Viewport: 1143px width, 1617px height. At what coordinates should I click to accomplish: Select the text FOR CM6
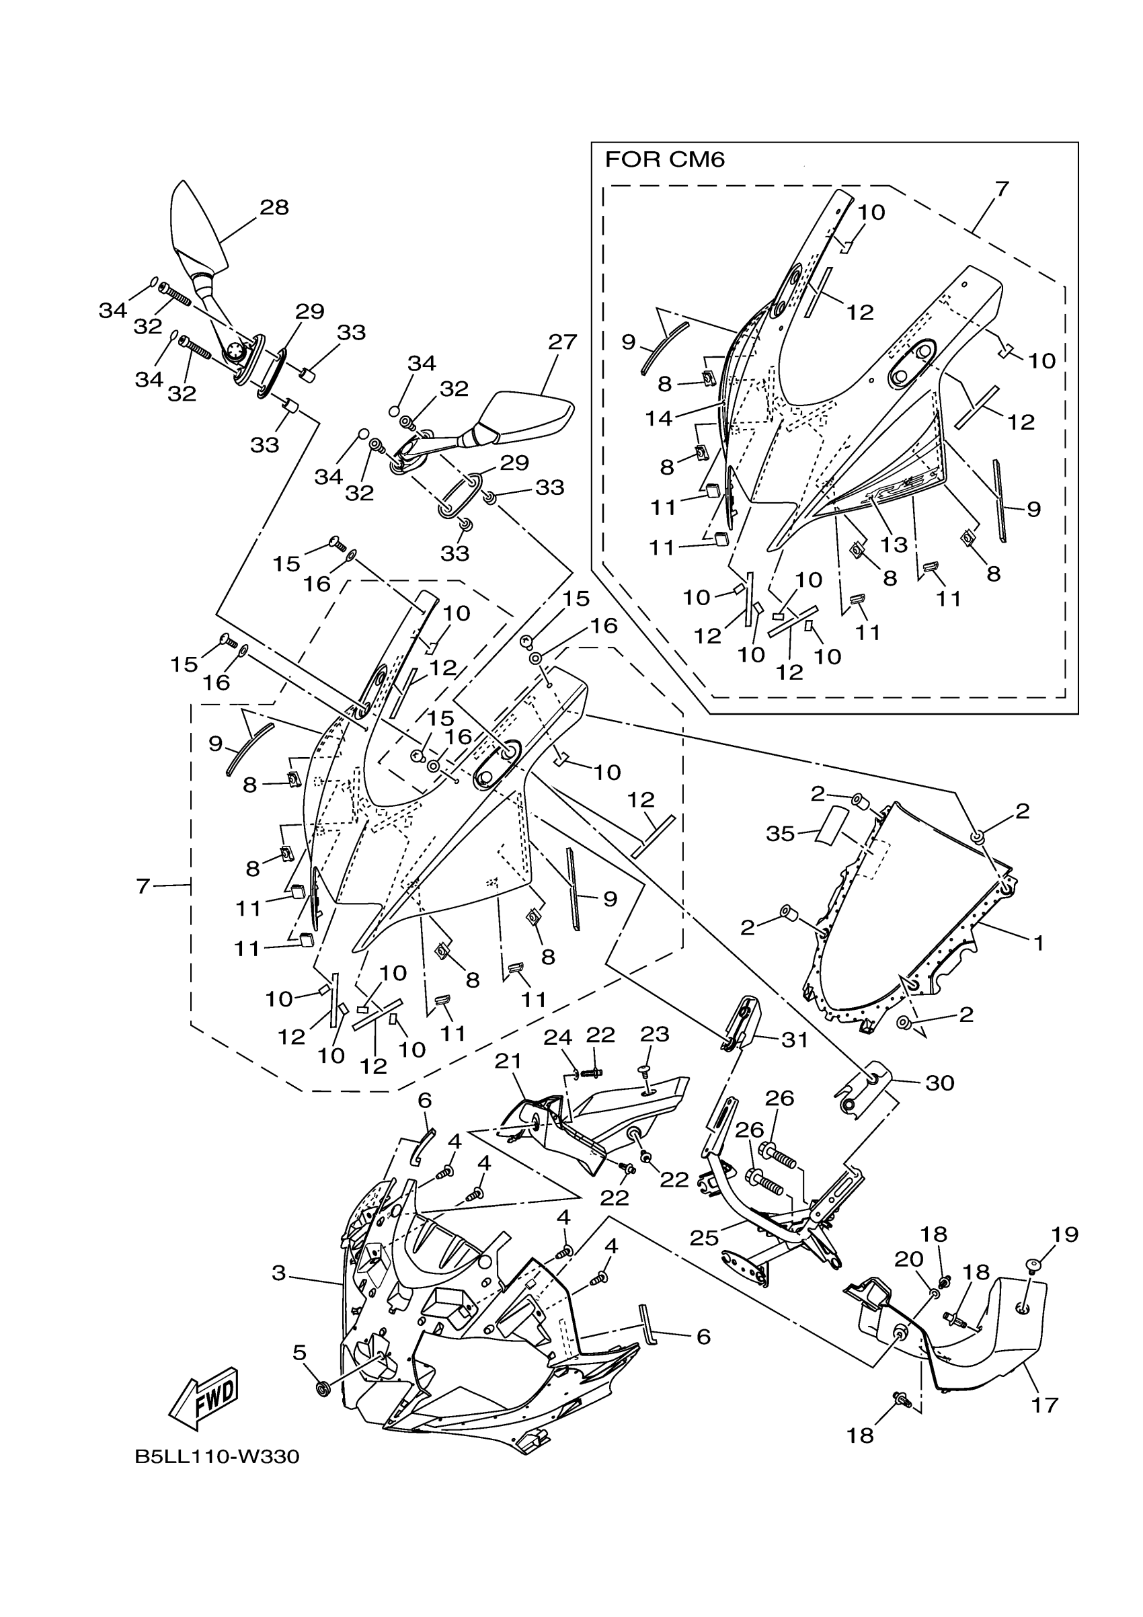click(x=664, y=161)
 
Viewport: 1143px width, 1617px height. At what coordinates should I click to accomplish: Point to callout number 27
click(x=563, y=342)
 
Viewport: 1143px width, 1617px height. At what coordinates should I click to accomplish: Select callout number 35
click(x=781, y=834)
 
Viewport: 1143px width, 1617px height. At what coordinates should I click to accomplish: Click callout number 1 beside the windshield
click(x=1039, y=943)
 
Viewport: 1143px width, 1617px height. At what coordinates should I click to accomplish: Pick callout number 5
click(x=299, y=1351)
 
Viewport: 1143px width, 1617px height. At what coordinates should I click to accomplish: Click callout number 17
click(x=1044, y=1405)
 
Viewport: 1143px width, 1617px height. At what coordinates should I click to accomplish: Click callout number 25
click(x=704, y=1237)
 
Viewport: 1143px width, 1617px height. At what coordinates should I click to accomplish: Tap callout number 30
click(x=939, y=1082)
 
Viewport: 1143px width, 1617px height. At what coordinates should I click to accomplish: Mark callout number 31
click(x=795, y=1039)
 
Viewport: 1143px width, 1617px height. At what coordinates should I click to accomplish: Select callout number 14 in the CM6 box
click(x=659, y=418)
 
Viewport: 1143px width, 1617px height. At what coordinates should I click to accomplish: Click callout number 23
click(x=654, y=1034)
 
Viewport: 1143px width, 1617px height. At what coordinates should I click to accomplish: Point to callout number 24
click(x=558, y=1037)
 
